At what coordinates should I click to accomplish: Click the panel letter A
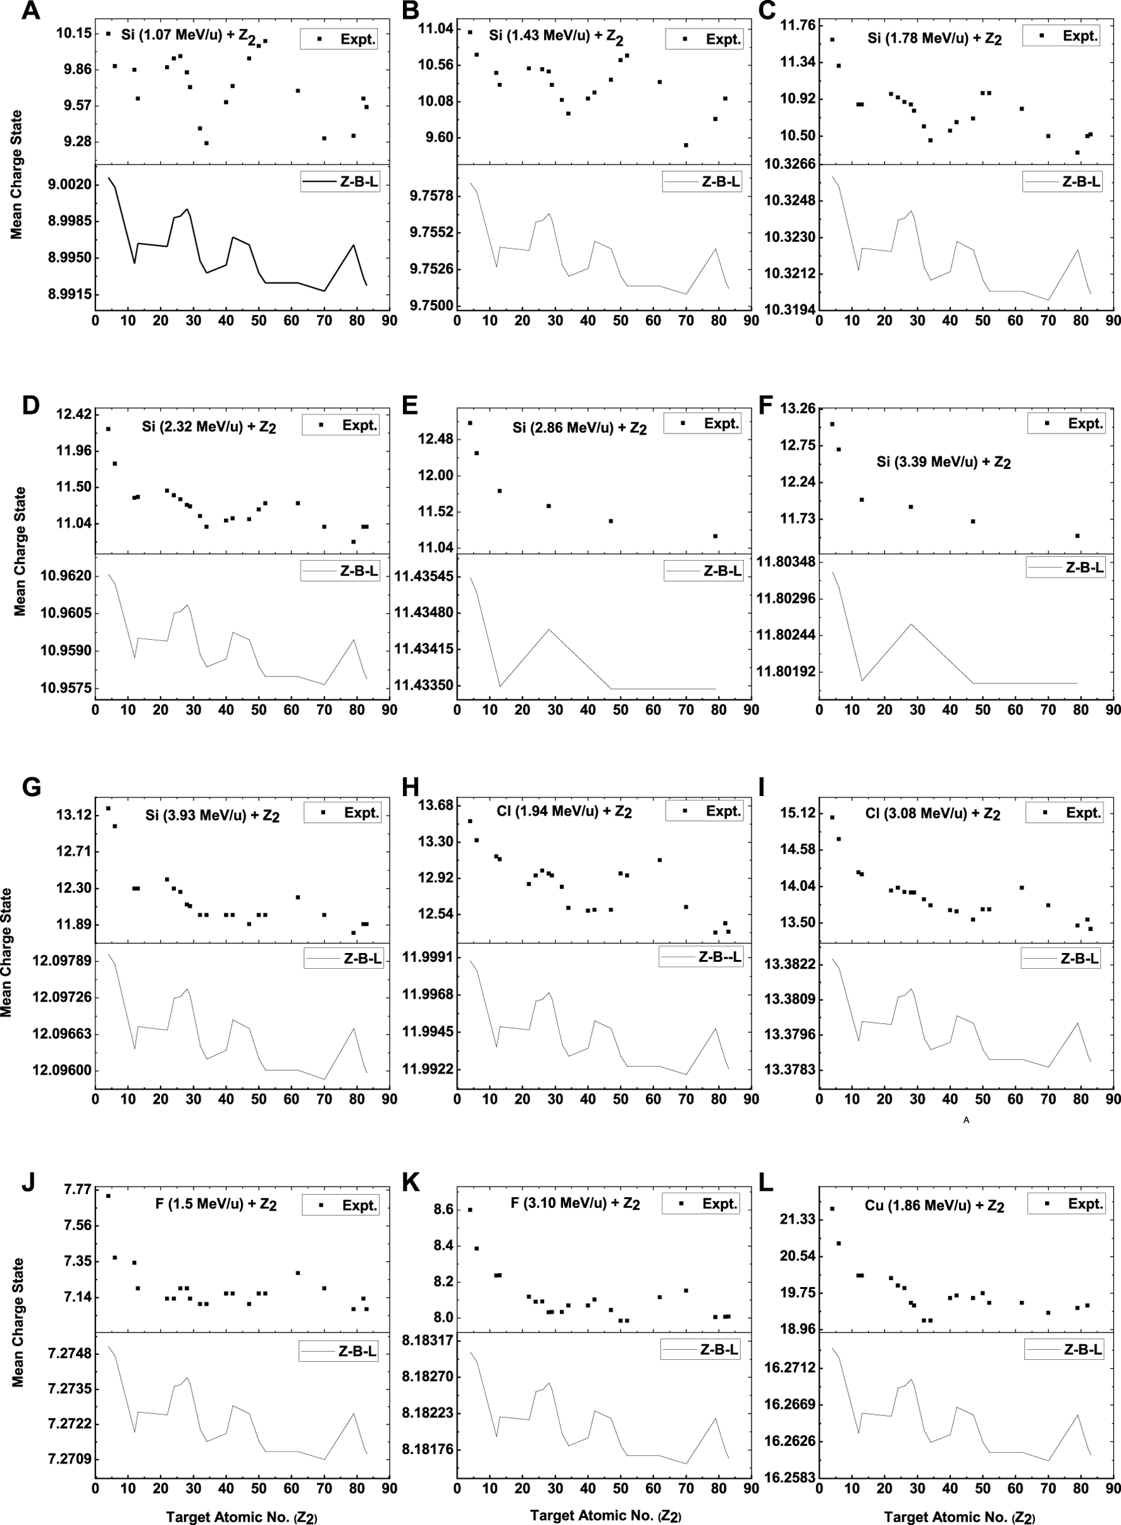tap(30, 11)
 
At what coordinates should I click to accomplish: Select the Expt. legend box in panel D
tap(340, 425)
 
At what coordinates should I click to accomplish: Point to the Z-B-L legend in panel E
tap(703, 571)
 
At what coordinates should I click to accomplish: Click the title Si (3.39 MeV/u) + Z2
tap(943, 463)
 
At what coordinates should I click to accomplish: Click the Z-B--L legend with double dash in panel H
tap(701, 957)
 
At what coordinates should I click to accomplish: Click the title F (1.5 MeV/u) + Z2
tap(216, 1205)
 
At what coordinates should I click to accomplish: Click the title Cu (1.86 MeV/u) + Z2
tap(934, 1206)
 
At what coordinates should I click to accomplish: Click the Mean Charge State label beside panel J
tap(18, 1323)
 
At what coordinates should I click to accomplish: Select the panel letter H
tap(411, 787)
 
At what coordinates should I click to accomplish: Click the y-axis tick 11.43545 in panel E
tap(424, 577)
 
